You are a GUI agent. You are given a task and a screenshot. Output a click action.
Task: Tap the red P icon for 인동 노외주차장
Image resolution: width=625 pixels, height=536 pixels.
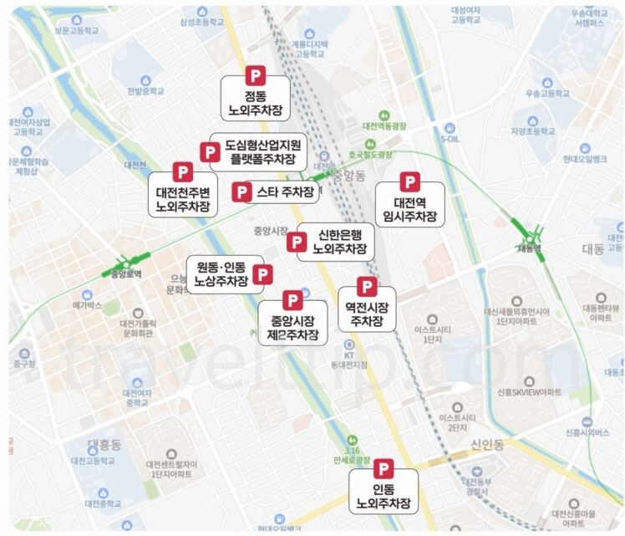[x=383, y=470]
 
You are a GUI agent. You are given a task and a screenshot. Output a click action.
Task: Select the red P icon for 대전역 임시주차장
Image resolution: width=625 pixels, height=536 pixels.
[x=409, y=182]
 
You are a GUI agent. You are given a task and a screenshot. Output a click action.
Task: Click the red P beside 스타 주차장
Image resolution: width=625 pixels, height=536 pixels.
[x=242, y=192]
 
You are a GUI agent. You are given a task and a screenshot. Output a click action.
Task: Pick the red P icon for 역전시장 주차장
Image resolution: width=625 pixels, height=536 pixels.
[x=367, y=287]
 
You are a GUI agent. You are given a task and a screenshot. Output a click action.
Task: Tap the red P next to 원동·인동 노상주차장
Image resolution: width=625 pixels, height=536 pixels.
[x=263, y=274]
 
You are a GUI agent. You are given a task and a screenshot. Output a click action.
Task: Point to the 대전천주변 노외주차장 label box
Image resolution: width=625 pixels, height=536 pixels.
[x=184, y=196]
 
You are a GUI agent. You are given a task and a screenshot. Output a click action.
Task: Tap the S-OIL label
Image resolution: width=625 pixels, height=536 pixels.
[x=450, y=139]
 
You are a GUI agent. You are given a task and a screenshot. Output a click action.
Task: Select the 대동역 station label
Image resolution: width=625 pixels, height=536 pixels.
[x=529, y=248]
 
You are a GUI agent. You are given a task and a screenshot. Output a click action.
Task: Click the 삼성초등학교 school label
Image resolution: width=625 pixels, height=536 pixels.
[x=201, y=23]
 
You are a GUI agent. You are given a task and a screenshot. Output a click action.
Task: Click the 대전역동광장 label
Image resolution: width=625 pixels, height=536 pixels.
[x=384, y=126]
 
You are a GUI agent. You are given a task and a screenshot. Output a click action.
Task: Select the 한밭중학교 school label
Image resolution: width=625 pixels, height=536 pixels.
[x=145, y=90]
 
